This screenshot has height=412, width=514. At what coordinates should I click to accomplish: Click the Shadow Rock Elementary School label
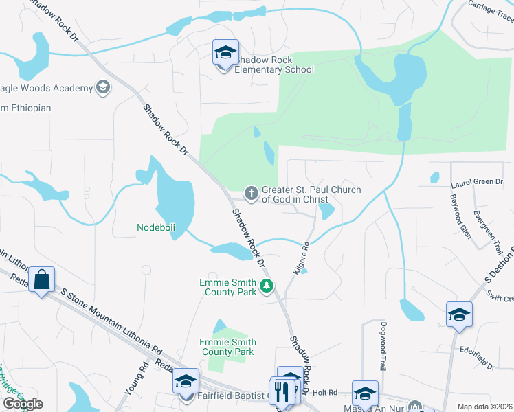point(273,65)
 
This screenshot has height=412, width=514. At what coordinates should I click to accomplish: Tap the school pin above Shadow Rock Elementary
point(225,53)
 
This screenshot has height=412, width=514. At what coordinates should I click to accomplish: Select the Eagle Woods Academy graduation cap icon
point(102,87)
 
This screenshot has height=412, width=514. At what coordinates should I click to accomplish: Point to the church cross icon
point(252,194)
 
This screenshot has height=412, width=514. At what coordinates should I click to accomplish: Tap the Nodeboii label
point(158,227)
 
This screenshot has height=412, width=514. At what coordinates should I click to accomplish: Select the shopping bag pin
point(42,280)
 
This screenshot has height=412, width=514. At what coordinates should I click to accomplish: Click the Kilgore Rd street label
point(302,259)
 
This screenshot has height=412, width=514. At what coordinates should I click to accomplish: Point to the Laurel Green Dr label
point(477,183)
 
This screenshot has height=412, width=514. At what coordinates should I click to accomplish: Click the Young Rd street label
point(136,378)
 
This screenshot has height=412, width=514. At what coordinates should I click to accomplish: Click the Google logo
point(23,404)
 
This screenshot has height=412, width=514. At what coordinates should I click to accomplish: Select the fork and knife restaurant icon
point(282,392)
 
